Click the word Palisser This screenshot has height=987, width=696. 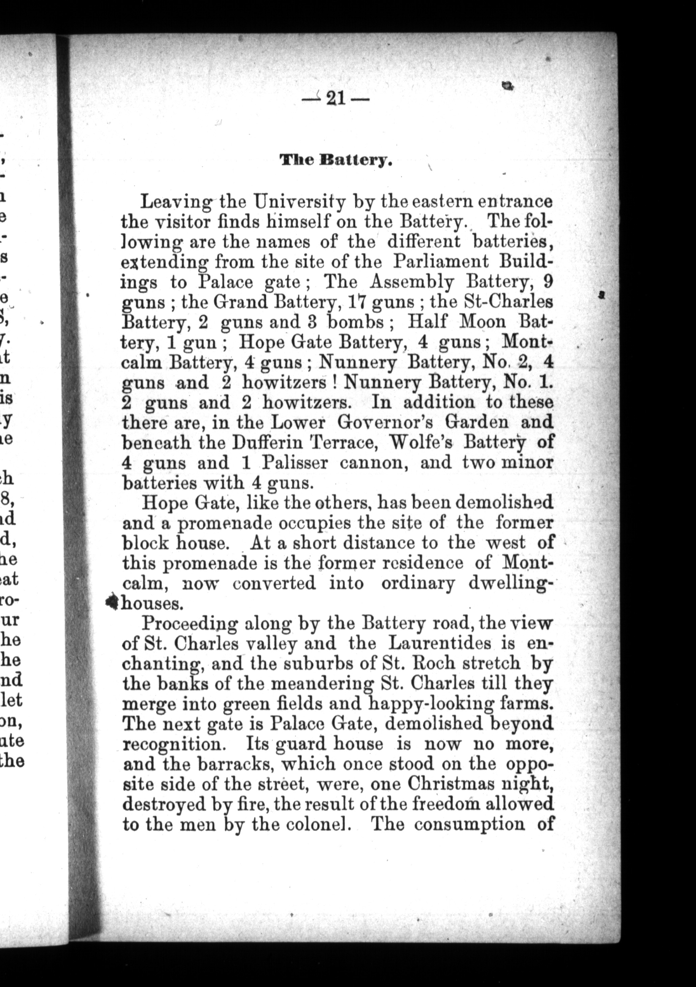(x=295, y=463)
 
